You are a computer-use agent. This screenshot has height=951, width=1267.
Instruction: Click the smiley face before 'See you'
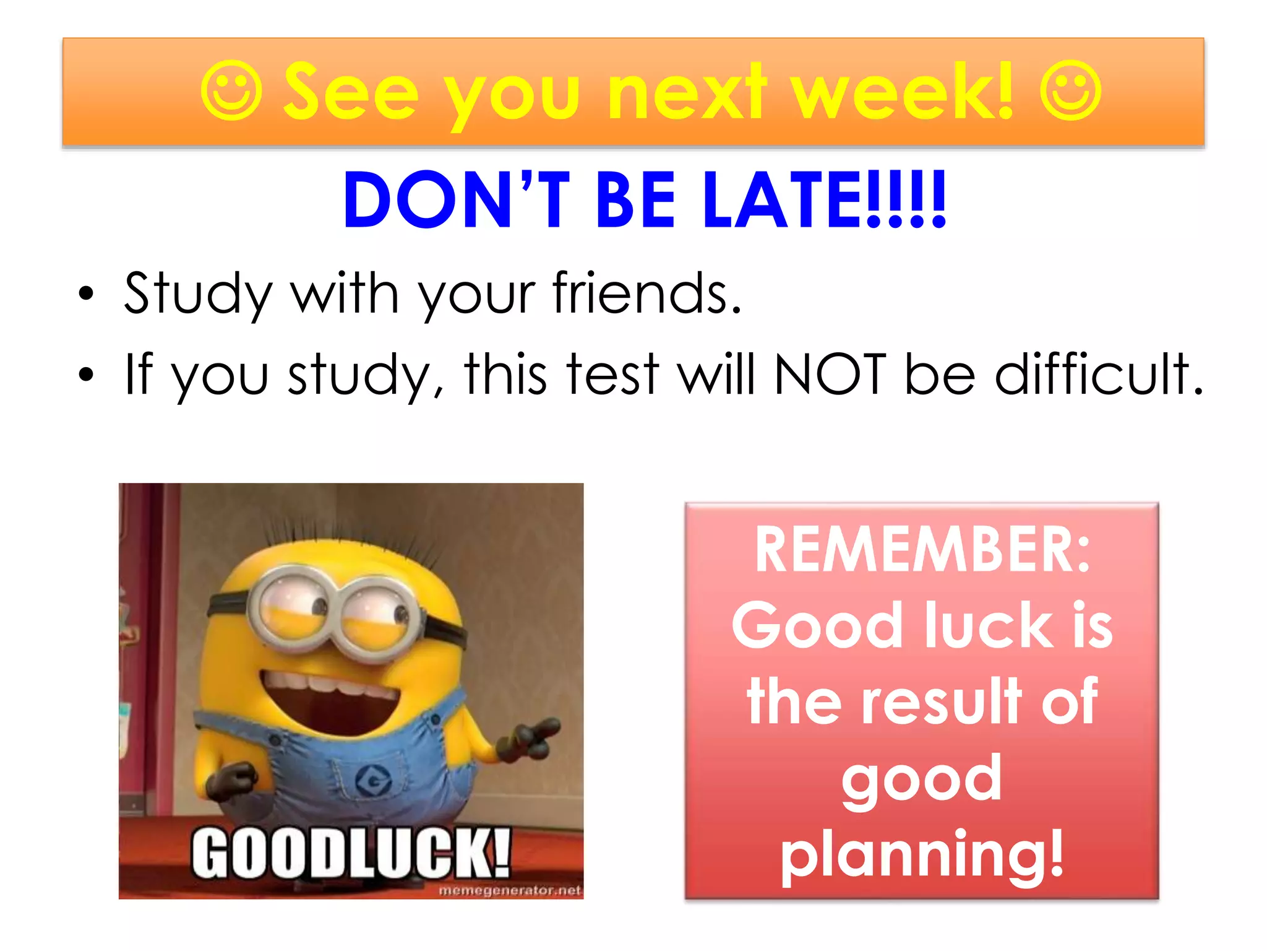(231, 91)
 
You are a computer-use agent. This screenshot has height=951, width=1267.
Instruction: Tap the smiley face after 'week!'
(1070, 91)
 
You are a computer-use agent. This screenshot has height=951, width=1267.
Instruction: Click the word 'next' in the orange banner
(687, 93)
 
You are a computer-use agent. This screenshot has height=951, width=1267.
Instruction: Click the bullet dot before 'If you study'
(87, 375)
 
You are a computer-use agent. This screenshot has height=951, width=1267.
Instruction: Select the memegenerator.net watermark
(510, 890)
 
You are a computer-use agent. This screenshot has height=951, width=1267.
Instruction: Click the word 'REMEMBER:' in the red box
(922, 550)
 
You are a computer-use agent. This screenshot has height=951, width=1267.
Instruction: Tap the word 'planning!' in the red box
(922, 854)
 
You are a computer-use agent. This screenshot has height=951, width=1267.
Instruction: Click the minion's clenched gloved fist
(232, 783)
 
